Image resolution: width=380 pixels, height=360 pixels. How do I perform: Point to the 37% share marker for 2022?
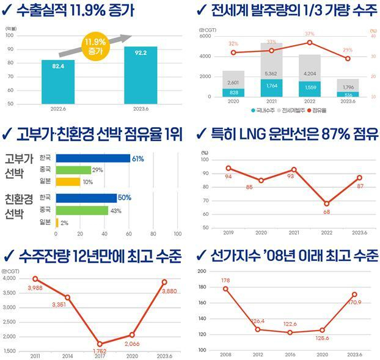310,42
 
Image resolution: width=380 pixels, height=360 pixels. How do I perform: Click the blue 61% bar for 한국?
92,158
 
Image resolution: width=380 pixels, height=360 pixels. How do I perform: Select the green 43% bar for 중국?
82,210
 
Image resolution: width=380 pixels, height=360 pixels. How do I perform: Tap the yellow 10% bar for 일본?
68,182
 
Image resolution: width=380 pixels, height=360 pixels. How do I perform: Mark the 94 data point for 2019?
228,168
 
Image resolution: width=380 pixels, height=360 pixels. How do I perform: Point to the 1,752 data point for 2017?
99,344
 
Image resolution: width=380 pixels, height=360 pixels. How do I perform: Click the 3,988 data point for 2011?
35,279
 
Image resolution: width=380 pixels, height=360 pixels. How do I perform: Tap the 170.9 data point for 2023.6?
354,294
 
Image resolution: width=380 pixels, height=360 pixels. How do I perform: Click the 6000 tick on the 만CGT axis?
205,36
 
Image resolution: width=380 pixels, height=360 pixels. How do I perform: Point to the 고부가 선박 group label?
18,167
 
